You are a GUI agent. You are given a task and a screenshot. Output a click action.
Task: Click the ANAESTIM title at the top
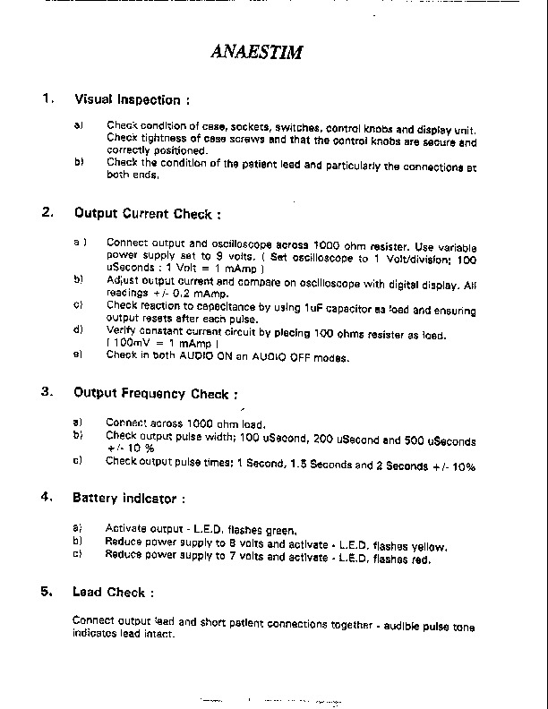pos(257,51)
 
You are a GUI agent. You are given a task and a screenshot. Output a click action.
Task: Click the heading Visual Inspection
pos(132,99)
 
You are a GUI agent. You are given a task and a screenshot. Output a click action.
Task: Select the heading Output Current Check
pos(147,214)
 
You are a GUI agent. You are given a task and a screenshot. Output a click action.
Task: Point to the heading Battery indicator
pos(129,497)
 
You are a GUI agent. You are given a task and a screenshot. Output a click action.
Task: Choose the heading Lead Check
pos(113,593)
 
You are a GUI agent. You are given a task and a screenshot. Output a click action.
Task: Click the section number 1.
pos(48,98)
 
